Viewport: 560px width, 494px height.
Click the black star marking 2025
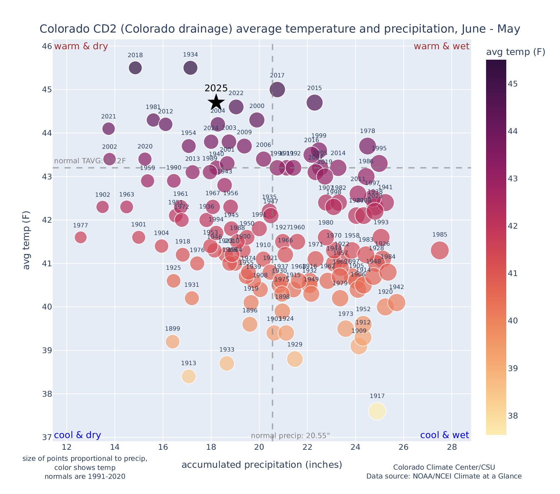216,102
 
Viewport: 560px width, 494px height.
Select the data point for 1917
377,411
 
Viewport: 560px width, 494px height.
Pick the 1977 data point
81,237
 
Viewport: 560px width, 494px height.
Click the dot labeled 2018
135,68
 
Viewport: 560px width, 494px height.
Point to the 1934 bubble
190,68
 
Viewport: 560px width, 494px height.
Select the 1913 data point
189,377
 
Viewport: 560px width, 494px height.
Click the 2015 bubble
314,102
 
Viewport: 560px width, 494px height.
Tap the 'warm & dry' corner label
81,46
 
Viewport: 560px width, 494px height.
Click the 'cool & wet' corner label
444,435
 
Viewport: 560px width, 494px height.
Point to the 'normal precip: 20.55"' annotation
290,436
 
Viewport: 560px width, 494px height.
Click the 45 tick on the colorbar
514,84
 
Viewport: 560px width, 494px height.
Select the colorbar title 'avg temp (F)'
515,52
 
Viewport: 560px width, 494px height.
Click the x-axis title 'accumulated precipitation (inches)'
262,465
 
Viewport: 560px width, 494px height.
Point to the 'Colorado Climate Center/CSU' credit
444,467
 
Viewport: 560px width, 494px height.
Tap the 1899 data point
173,341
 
